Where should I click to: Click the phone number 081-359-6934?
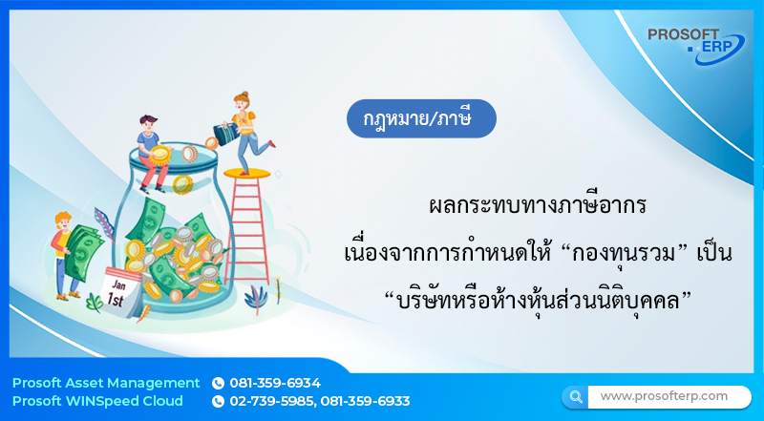point(275,383)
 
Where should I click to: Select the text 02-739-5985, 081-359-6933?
point(319,401)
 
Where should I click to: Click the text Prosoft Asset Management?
point(106,383)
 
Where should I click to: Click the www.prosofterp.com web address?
point(663,395)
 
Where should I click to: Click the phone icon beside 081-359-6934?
point(218,383)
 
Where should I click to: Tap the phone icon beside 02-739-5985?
point(218,401)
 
